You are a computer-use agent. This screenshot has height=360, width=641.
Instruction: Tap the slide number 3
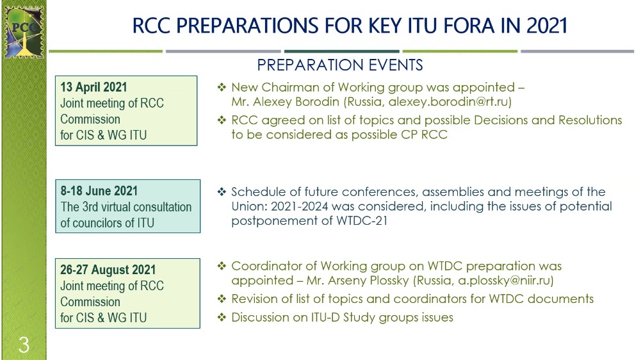click(x=24, y=345)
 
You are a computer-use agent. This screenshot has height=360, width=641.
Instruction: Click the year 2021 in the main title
click(x=547, y=26)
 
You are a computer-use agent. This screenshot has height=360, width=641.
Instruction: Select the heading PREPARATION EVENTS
click(x=340, y=65)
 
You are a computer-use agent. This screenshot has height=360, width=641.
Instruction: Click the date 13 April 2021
click(x=93, y=87)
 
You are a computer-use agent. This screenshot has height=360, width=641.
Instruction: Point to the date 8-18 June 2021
click(x=99, y=191)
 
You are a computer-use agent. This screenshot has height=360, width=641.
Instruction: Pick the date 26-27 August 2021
click(x=108, y=270)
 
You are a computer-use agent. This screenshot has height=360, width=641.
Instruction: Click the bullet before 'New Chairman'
click(x=222, y=87)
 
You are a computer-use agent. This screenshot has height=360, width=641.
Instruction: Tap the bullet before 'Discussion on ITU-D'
click(x=222, y=317)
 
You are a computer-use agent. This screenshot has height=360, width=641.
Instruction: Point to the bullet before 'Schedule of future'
click(x=222, y=192)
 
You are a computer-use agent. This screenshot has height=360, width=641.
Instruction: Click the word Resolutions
click(x=590, y=120)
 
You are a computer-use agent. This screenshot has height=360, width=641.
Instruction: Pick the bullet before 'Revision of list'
click(x=222, y=299)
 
